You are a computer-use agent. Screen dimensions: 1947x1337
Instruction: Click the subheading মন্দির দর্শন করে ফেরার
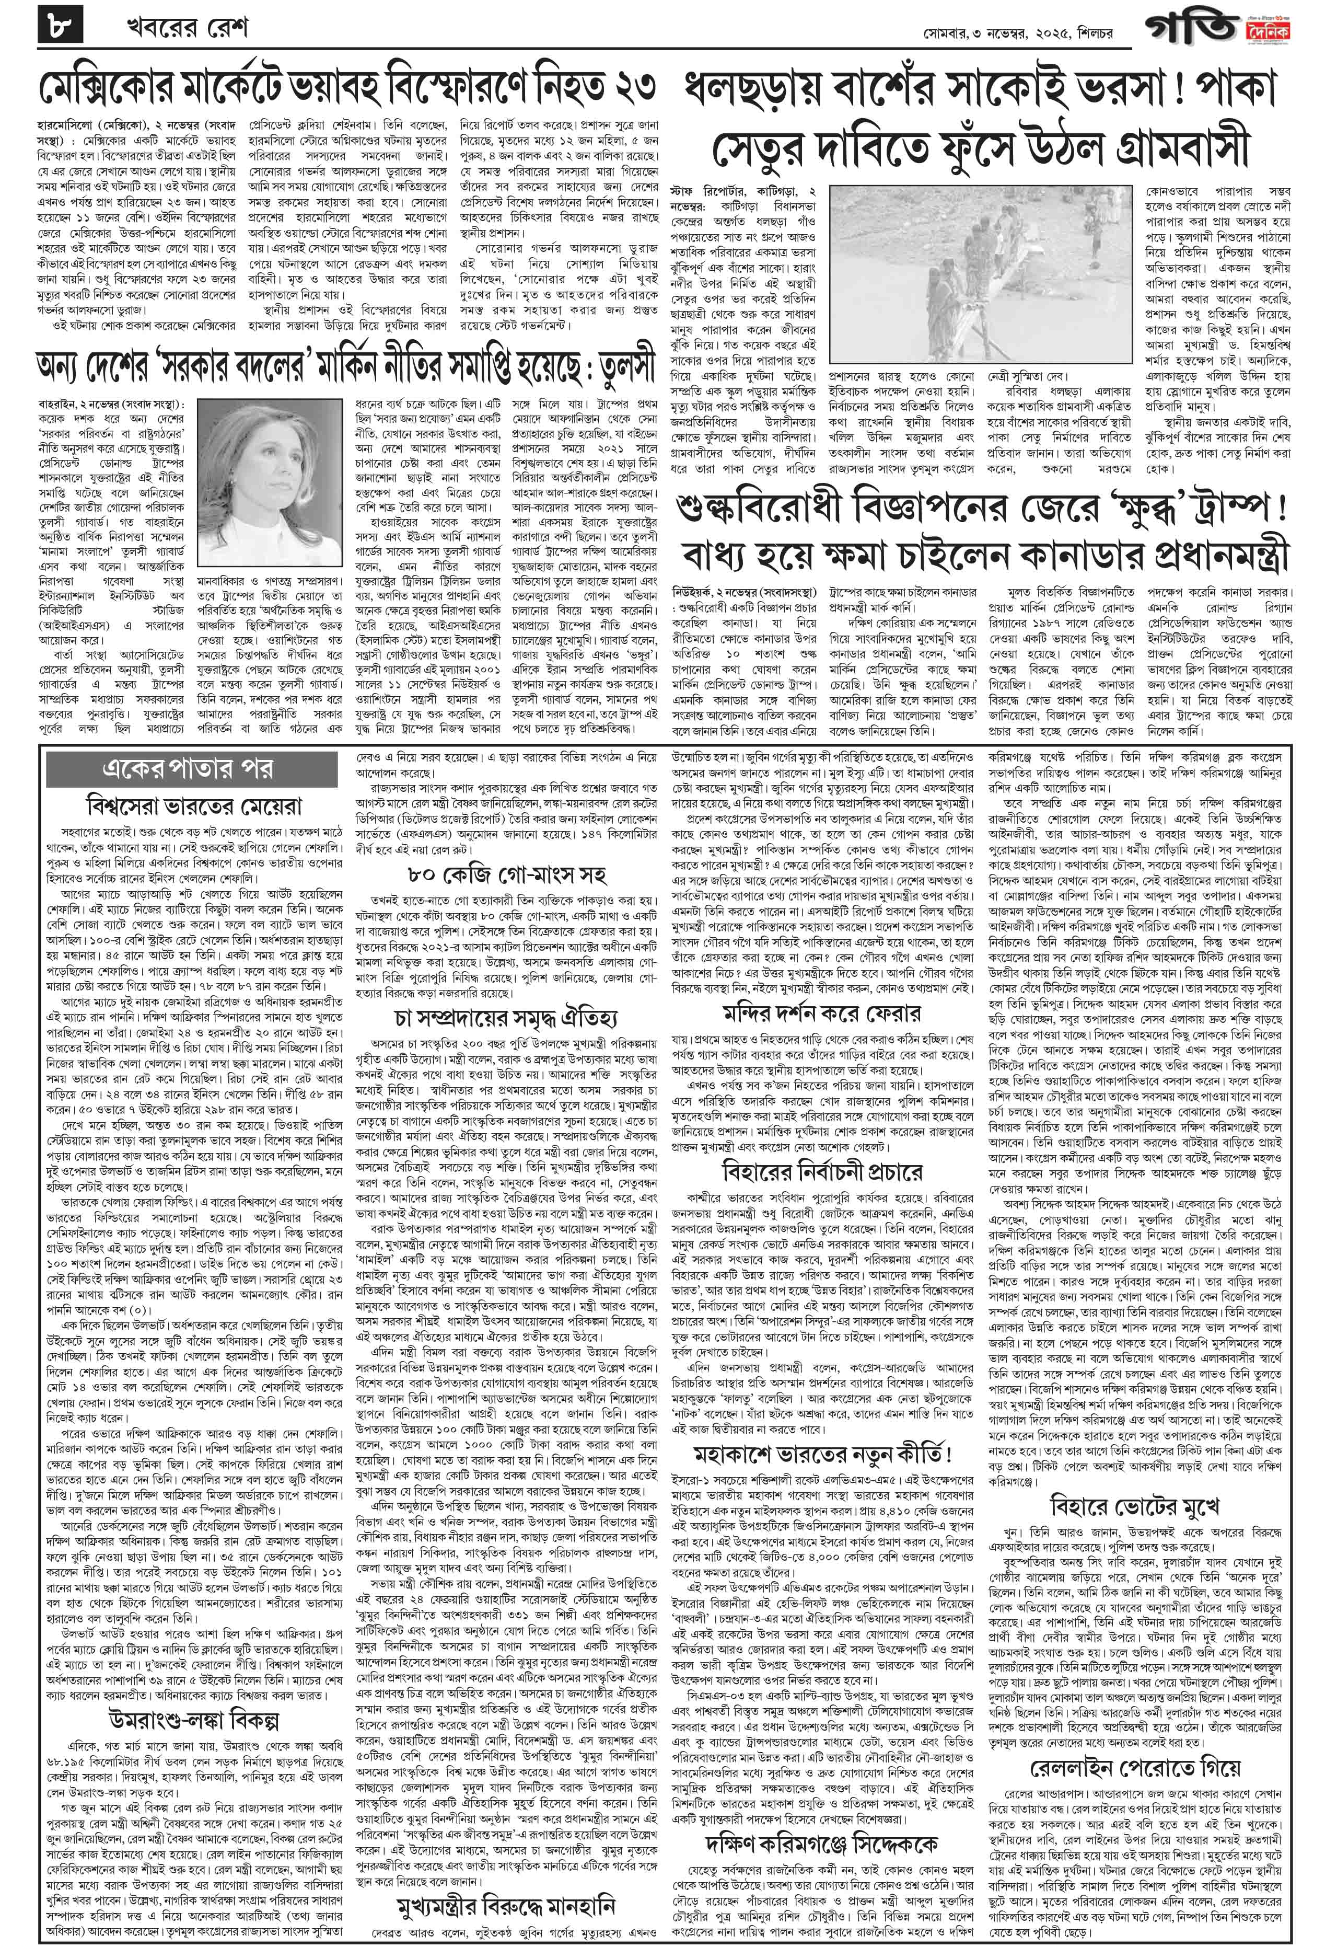(822, 1013)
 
